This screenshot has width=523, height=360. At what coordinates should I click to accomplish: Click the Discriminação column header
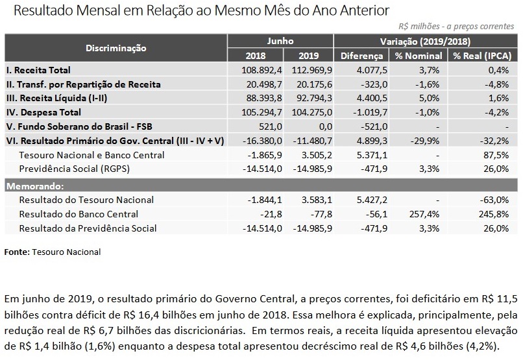pyautogui.click(x=116, y=48)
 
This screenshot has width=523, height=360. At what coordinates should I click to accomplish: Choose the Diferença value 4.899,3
pyautogui.click(x=372, y=141)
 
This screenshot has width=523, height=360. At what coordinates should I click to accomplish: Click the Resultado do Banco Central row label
pyautogui.click(x=79, y=214)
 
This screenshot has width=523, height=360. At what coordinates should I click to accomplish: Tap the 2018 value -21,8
pyautogui.click(x=269, y=214)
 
